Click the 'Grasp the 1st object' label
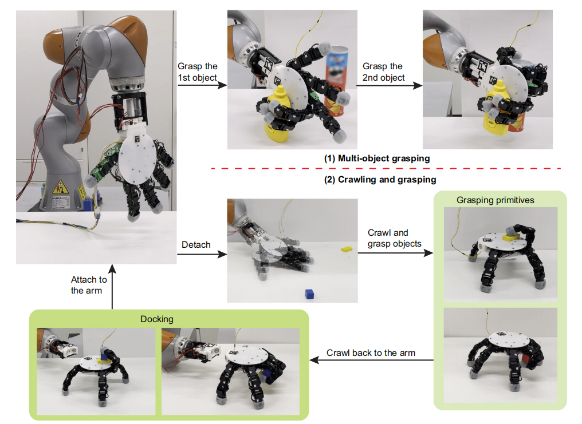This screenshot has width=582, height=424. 198,72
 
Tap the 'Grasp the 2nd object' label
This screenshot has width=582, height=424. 383,72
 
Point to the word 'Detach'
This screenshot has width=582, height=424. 195,245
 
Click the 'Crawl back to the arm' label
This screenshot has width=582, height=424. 371,352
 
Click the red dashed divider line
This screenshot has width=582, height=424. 384,169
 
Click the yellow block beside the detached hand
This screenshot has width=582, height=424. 346,249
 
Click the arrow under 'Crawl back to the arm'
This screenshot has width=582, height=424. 371,360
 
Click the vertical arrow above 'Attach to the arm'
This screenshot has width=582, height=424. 112,286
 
